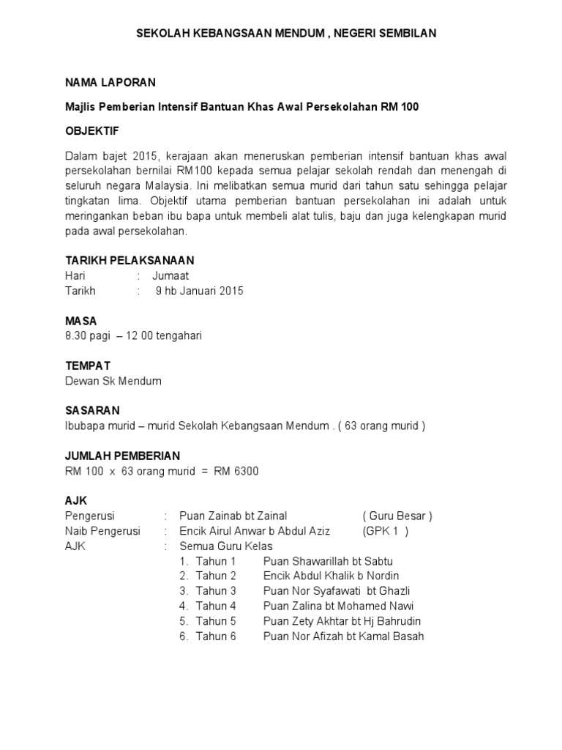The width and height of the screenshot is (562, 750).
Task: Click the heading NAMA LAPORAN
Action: click(110, 82)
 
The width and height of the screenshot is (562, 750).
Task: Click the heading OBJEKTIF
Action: click(92, 131)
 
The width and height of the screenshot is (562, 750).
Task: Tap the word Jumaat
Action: click(171, 275)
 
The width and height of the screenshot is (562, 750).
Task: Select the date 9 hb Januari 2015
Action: click(200, 291)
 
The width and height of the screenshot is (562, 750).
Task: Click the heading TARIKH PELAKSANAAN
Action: click(130, 261)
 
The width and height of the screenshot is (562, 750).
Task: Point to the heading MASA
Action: click(80, 321)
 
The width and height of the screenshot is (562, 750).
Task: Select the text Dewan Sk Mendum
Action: click(113, 381)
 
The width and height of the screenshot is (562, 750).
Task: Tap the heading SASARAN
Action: click(92, 410)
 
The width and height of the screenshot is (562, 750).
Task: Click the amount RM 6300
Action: click(236, 471)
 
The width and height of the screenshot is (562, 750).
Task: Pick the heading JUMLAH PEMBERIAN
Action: click(122, 456)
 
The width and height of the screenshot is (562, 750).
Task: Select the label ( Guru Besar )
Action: click(397, 516)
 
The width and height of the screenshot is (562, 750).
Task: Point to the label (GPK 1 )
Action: click(386, 531)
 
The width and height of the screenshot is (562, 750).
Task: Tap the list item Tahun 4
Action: click(216, 606)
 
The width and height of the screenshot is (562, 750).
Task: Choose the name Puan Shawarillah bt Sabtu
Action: click(327, 561)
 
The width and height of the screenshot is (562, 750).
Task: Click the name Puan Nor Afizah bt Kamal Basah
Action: click(343, 636)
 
